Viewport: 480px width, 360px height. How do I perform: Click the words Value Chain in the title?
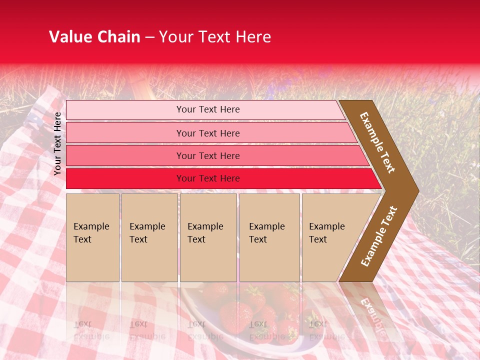tap(94, 37)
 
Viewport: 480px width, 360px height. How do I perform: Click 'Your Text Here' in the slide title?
tap(215, 37)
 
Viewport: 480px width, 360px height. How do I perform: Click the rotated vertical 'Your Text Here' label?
tap(58, 143)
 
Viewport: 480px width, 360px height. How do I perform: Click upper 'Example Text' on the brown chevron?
tap(377, 142)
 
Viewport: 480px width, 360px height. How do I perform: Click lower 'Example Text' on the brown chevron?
tap(378, 236)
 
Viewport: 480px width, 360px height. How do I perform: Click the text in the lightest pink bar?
tap(208, 109)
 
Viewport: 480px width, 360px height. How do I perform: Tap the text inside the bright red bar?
tap(208, 178)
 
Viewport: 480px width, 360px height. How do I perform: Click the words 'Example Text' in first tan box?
tap(91, 233)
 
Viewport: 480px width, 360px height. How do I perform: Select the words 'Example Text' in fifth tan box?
tap(326, 233)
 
